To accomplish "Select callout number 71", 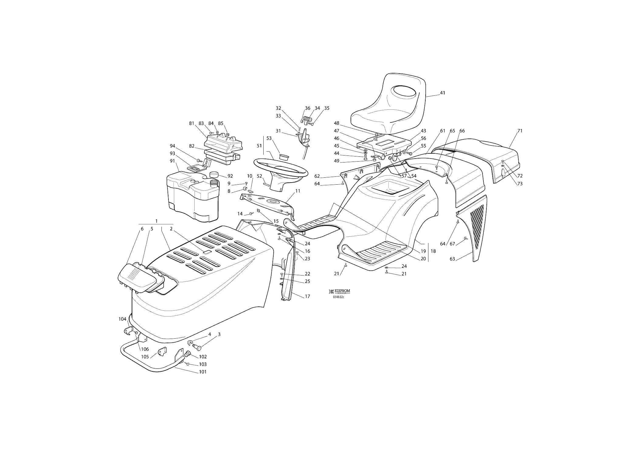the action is pyautogui.click(x=520, y=131).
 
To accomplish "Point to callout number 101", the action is pyautogui.click(x=202, y=372).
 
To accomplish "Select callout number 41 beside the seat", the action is pyautogui.click(x=442, y=93).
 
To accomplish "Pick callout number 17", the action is pyautogui.click(x=307, y=296).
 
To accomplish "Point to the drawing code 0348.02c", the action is pyautogui.click(x=338, y=297).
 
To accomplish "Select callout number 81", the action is pyautogui.click(x=192, y=123).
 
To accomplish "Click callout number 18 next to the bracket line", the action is pyautogui.click(x=433, y=251).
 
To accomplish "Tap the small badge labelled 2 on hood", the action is pyautogui.click(x=207, y=252).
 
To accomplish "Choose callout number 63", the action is pyautogui.click(x=452, y=259).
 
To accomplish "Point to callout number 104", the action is pyautogui.click(x=122, y=319).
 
